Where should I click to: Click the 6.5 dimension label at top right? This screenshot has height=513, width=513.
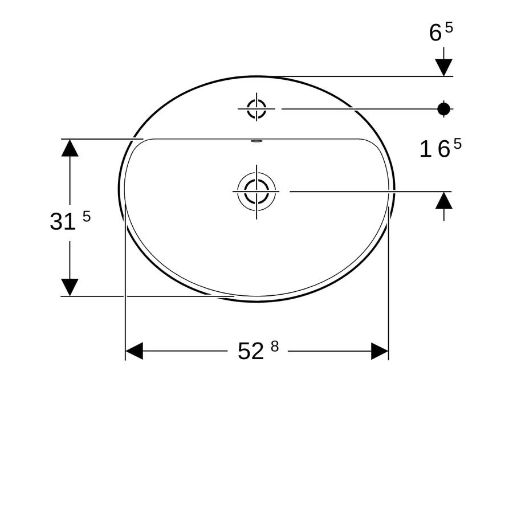tap(441, 32)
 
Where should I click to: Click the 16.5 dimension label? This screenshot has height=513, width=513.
tap(441, 148)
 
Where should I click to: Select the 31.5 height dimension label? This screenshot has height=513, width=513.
tap(70, 220)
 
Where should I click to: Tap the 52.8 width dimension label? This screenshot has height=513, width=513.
tap(258, 351)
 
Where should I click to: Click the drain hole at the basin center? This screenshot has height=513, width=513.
tap(256, 192)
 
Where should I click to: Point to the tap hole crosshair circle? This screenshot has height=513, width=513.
tap(256, 109)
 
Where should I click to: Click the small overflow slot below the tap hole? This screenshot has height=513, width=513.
tap(256, 141)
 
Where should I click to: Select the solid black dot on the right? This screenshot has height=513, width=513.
tap(443, 109)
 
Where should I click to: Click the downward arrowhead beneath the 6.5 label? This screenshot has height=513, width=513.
tap(444, 68)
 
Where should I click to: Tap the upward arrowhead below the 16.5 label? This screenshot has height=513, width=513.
tap(444, 200)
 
